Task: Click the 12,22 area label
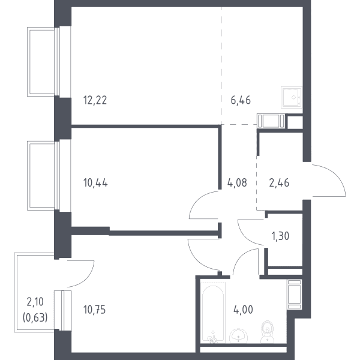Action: point(95,100)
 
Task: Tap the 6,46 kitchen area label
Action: point(241,100)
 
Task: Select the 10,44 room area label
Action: point(95,183)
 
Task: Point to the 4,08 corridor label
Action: point(237,183)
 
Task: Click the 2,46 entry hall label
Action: point(279,183)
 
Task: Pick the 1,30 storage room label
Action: point(280,236)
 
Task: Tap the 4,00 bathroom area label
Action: point(243,310)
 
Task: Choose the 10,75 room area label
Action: point(94,310)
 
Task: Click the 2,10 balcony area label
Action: point(35,302)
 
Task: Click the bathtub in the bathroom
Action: point(213,313)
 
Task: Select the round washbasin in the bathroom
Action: point(238,335)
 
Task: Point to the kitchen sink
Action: point(292,97)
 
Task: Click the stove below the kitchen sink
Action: point(271,121)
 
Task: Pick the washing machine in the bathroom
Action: point(295,295)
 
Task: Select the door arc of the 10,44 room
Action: point(195,199)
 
